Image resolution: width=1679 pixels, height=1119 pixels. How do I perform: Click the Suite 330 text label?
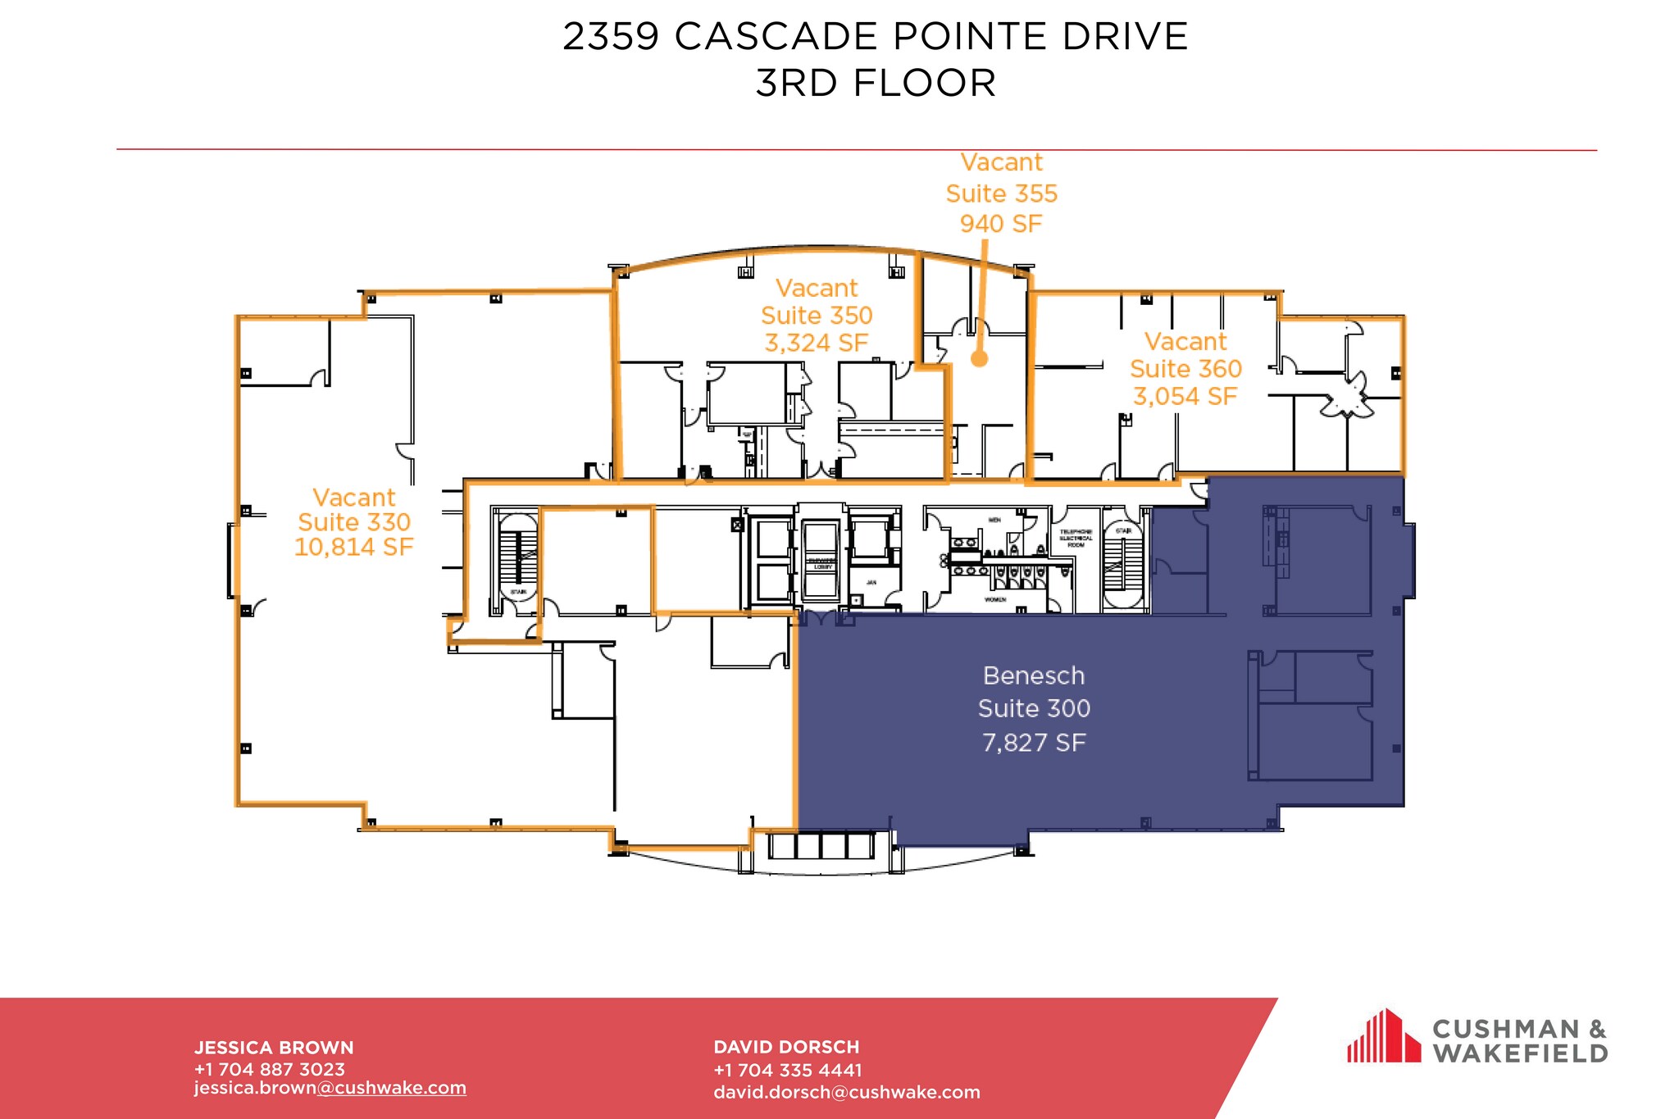(353, 522)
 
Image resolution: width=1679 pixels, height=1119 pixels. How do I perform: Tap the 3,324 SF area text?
(816, 343)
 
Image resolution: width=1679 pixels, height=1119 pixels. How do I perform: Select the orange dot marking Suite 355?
(979, 358)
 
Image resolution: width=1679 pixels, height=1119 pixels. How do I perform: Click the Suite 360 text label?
(1185, 369)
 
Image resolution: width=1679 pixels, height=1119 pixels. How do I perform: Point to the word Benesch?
(1033, 675)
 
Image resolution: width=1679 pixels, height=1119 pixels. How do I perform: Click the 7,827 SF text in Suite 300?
(1033, 743)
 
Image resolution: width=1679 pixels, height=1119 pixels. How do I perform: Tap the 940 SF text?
(1000, 224)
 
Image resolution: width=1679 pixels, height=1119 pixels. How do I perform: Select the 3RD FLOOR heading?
(875, 84)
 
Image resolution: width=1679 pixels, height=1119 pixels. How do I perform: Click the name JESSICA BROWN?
(274, 1048)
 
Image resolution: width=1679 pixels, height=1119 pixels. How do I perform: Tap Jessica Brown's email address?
(330, 1088)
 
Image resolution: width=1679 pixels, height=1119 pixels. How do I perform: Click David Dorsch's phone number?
(787, 1070)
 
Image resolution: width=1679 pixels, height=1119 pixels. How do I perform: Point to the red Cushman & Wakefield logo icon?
(1383, 1037)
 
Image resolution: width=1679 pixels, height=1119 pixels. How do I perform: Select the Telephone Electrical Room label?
(1076, 538)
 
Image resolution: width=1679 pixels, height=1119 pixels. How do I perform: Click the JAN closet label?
(871, 583)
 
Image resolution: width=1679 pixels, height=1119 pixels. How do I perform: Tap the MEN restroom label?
(994, 520)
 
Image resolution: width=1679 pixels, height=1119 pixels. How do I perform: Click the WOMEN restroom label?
(994, 600)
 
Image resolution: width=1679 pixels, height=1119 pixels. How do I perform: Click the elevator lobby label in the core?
(821, 564)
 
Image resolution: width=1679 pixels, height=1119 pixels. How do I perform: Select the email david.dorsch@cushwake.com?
(846, 1093)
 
